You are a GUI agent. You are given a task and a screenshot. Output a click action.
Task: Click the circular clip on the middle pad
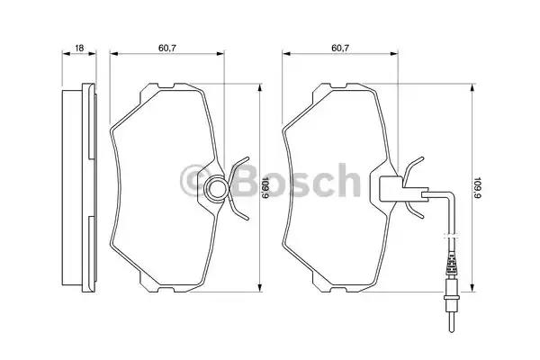[217, 188]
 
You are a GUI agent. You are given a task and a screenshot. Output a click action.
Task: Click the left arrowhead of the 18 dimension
[63, 54]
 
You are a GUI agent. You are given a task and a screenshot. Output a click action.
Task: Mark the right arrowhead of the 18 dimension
[96, 54]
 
